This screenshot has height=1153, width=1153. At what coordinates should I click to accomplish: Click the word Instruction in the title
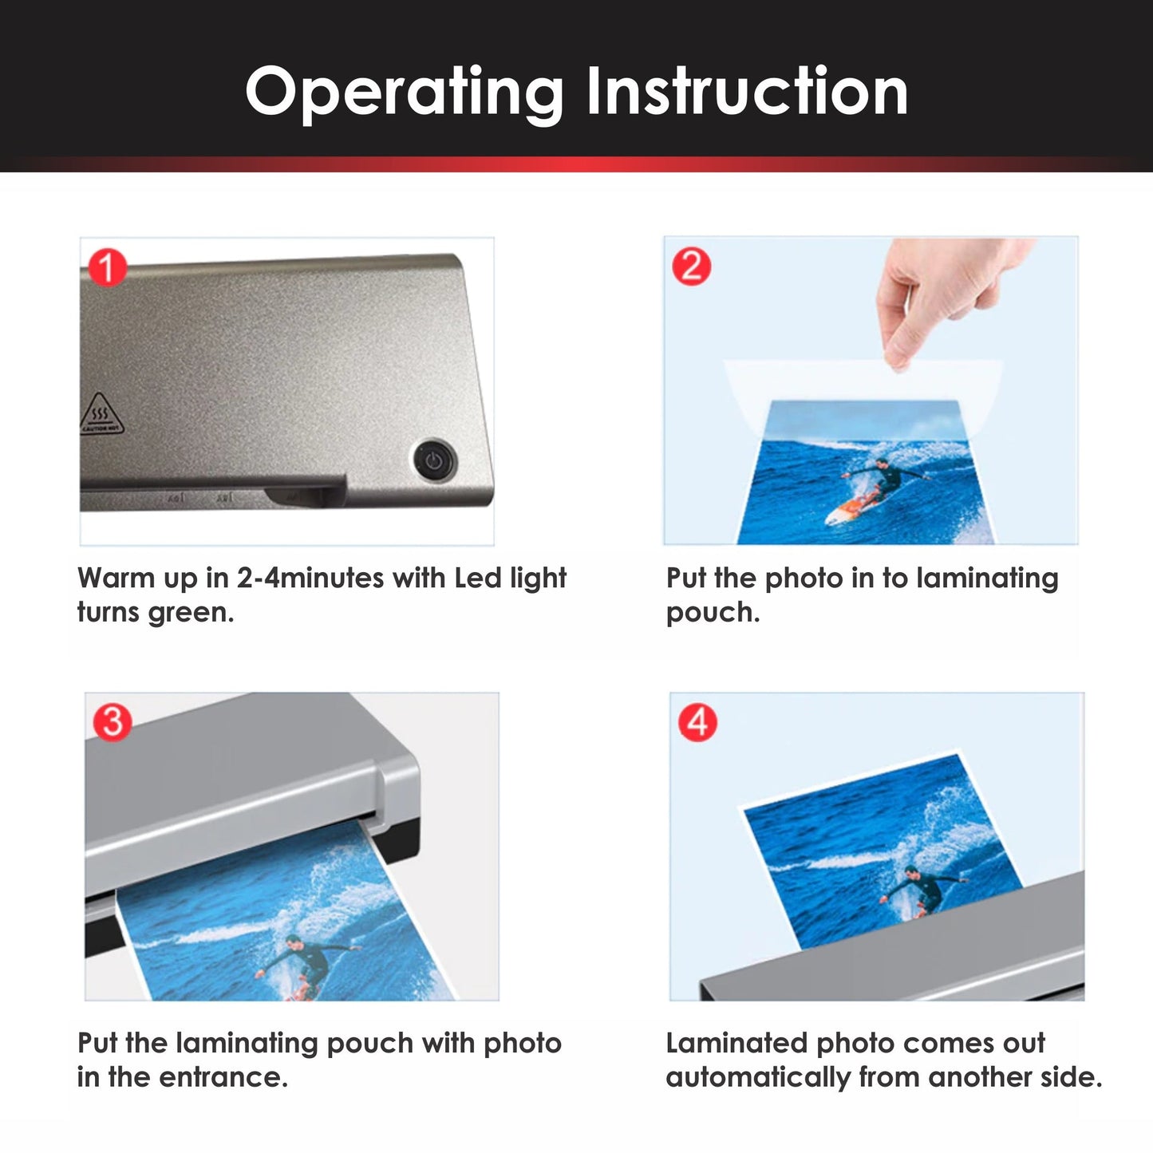pos(747,92)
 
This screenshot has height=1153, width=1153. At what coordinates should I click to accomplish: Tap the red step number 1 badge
pos(108,267)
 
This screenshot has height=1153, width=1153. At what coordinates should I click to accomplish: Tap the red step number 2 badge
pos(691,266)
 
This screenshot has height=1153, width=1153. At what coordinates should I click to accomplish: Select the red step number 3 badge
pos(113,721)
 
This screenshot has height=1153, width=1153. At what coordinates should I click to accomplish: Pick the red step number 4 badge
pos(697,722)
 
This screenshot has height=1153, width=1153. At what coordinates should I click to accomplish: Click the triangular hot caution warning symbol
pos(101,413)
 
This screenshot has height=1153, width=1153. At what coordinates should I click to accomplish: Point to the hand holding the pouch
pos(942,299)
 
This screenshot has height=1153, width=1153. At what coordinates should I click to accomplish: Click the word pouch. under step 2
pos(713,613)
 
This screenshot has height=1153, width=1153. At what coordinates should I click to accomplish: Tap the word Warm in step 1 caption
pos(116,578)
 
